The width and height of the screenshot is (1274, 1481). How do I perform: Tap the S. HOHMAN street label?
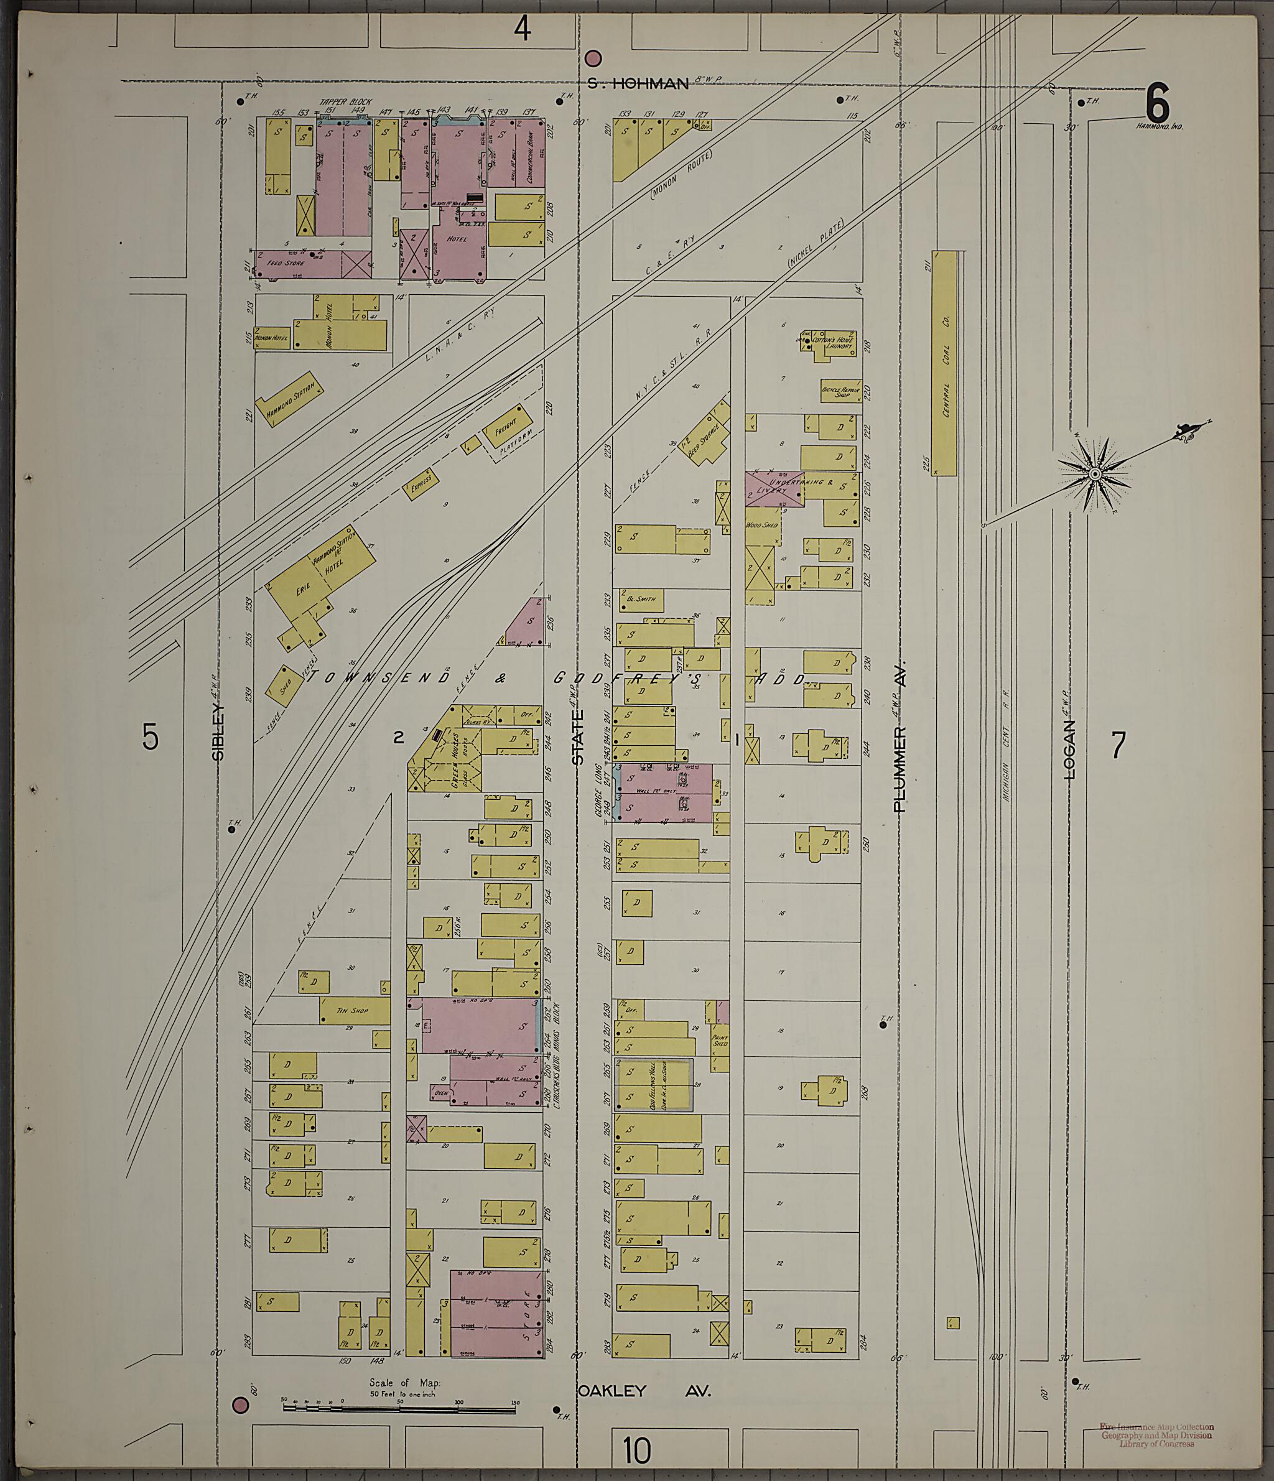click(638, 83)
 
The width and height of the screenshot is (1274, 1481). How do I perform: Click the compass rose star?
click(1095, 475)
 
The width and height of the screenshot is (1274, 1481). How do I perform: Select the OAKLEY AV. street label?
click(643, 1391)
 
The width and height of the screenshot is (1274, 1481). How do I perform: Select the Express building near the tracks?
click(421, 485)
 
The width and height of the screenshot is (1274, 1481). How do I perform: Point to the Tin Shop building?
click(354, 1010)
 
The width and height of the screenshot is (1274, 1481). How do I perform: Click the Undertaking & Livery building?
click(775, 489)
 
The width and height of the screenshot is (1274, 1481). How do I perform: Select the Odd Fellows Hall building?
click(654, 1084)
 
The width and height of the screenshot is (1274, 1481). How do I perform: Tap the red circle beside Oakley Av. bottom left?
click(241, 1404)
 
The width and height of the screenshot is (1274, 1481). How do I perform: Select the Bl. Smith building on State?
click(641, 599)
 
